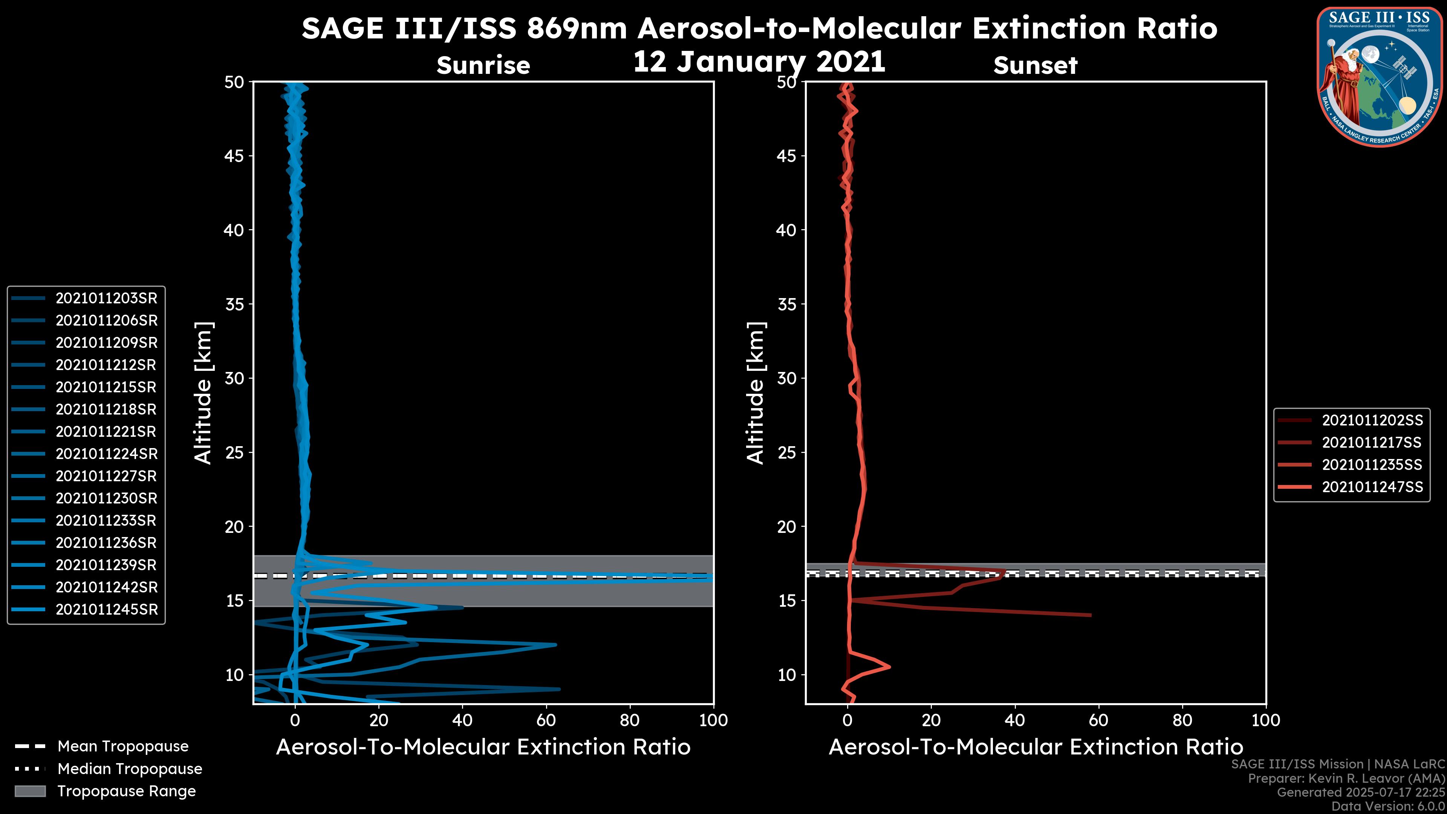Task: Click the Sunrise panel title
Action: point(483,66)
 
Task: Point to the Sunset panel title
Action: point(1035,66)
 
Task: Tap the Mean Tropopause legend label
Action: point(123,747)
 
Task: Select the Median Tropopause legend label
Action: point(130,769)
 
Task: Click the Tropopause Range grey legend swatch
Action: point(30,791)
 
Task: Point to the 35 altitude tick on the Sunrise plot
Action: point(234,304)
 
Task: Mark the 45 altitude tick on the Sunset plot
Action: point(786,156)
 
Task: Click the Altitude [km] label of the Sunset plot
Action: point(756,393)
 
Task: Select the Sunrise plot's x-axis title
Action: point(483,747)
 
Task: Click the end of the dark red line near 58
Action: point(1090,615)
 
